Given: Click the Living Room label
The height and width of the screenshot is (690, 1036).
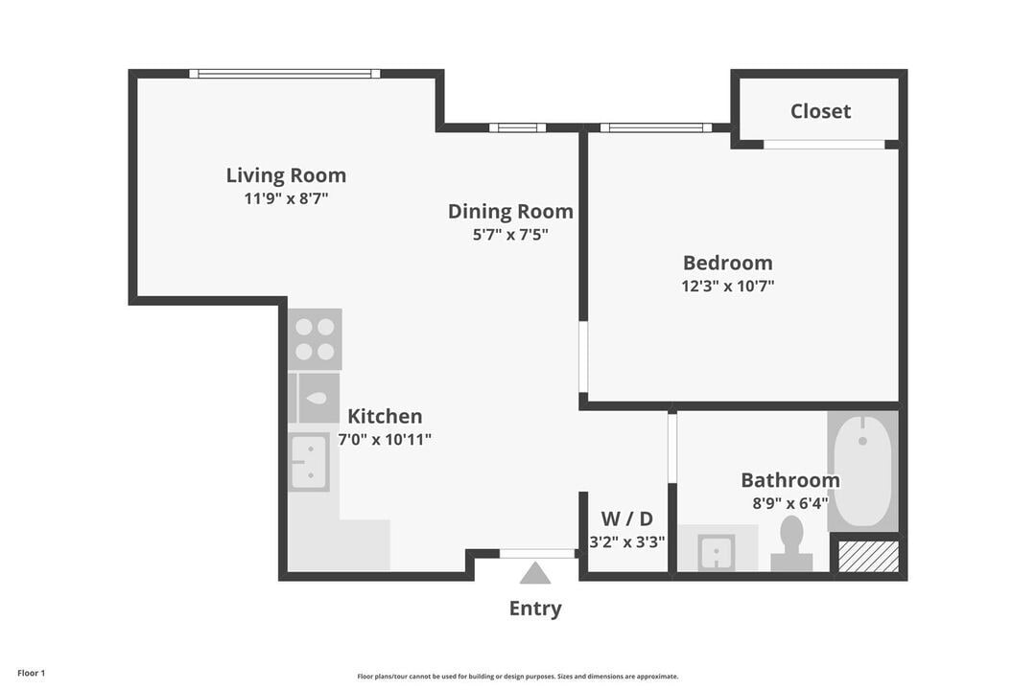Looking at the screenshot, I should click(286, 175).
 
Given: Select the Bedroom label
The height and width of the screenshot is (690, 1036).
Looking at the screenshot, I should click(727, 263).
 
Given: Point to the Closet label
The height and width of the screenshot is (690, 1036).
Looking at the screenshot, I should click(820, 111).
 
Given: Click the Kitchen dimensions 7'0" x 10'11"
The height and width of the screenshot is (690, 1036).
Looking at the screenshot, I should click(384, 440).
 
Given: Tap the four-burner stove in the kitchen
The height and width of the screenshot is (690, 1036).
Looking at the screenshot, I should click(315, 339).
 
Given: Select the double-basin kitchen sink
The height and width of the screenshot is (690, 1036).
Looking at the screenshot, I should click(310, 462).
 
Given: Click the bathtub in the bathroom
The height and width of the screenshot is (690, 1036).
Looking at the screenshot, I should click(862, 470).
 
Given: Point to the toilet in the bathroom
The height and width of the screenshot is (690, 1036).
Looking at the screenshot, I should click(791, 543).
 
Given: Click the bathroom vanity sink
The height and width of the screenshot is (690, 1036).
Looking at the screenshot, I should click(716, 552).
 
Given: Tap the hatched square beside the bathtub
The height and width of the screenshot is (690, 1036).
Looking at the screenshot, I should click(868, 557).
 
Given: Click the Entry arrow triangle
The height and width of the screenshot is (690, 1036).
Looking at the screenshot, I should click(535, 574).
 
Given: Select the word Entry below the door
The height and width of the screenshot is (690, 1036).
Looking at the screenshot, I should click(535, 609).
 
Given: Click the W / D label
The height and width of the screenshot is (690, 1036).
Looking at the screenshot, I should click(626, 519).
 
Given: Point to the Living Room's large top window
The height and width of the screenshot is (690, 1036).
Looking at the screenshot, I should click(284, 74).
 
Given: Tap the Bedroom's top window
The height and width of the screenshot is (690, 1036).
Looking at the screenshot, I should click(656, 127).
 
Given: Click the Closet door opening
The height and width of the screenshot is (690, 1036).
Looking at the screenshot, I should click(824, 145).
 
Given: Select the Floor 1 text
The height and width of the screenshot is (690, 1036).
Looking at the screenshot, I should click(31, 674).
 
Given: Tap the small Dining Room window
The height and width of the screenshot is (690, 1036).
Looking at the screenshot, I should click(517, 127).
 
